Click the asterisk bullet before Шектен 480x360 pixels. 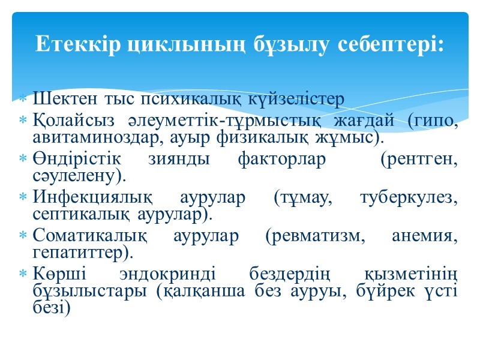[23, 98]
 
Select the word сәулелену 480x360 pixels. [78, 177]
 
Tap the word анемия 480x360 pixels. [424, 236]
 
